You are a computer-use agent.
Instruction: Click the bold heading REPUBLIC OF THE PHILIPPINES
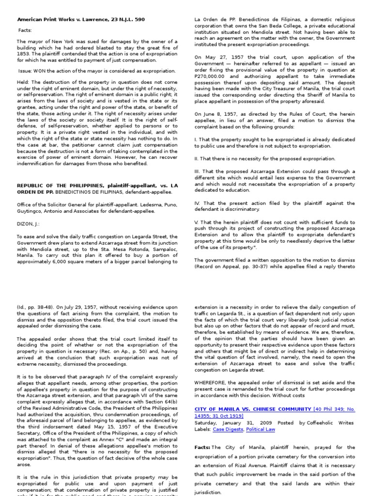click(57, 185)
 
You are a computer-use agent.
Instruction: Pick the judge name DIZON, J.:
click(28, 224)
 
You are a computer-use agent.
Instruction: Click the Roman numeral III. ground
click(199, 171)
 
